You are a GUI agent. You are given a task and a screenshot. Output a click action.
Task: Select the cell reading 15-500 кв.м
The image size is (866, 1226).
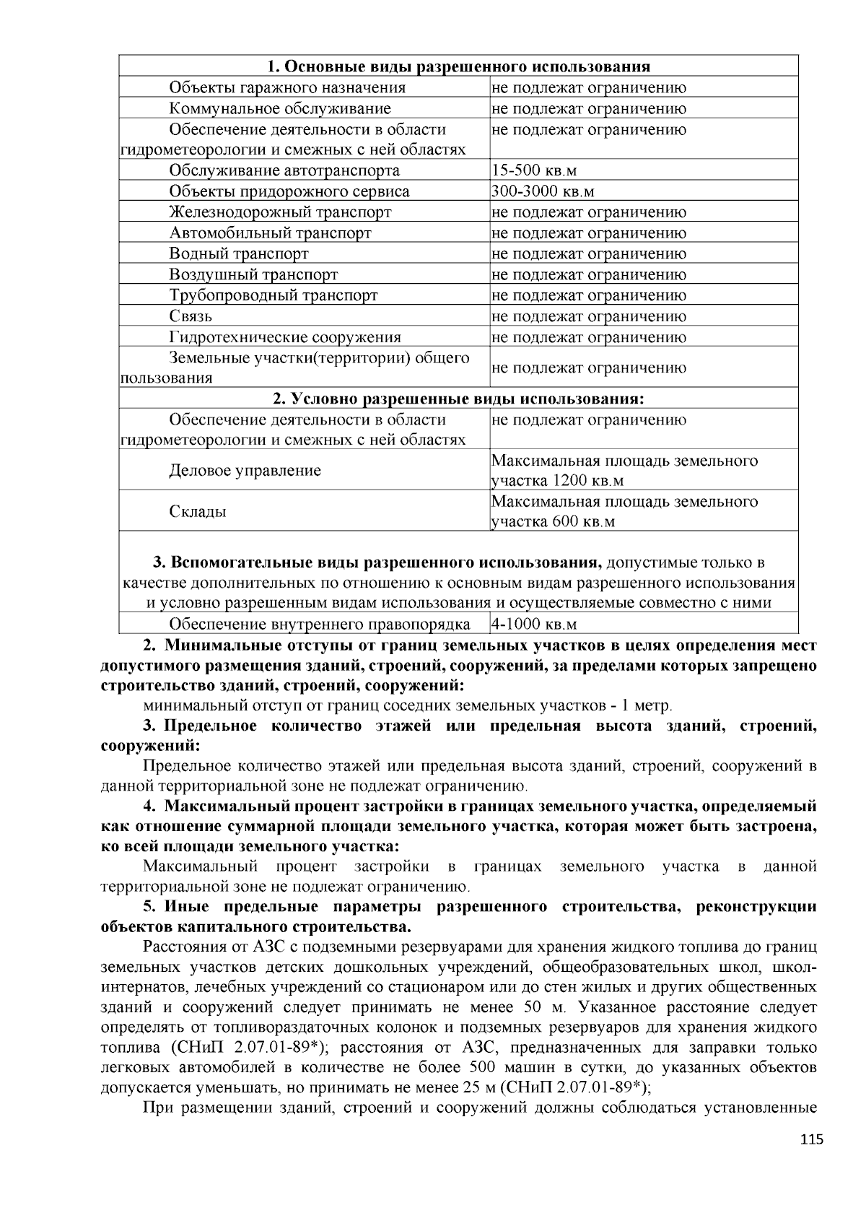[x=534, y=171]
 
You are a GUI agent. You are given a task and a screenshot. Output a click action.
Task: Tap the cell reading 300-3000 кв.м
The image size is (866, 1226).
[x=543, y=192]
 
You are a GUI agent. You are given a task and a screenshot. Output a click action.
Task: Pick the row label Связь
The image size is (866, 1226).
[x=191, y=316]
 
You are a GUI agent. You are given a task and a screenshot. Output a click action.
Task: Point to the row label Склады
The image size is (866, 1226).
[x=197, y=512]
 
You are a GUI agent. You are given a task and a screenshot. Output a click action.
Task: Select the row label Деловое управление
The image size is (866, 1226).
[x=245, y=471]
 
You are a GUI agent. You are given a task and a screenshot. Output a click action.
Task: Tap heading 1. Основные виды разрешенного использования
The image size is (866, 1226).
[x=458, y=67]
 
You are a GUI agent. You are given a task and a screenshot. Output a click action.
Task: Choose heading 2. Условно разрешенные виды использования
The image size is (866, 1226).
[x=458, y=399]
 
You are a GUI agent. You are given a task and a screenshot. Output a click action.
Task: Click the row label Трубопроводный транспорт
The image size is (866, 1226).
[x=273, y=295]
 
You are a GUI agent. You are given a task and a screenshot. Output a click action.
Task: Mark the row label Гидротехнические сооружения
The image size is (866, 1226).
[x=284, y=337]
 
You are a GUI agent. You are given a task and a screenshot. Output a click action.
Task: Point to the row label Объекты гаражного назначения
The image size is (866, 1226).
[x=287, y=88]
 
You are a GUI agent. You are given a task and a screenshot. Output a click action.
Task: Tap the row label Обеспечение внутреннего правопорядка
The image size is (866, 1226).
[x=319, y=625]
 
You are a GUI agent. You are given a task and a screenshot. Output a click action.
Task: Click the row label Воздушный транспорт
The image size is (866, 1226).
[x=253, y=275]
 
